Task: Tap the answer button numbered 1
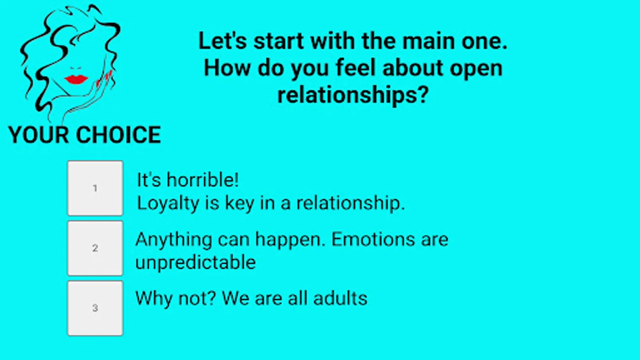pyautogui.click(x=95, y=188)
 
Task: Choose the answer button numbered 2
pyautogui.click(x=95, y=248)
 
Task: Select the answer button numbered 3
pyautogui.click(x=95, y=308)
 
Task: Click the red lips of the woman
pyautogui.click(x=76, y=80)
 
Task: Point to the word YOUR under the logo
pyautogui.click(x=39, y=134)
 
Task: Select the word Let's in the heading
pyautogui.click(x=222, y=41)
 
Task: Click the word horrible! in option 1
pyautogui.click(x=202, y=180)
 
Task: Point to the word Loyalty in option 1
pyautogui.click(x=168, y=204)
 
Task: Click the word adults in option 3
pyautogui.click(x=340, y=298)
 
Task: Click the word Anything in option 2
pyautogui.click(x=174, y=240)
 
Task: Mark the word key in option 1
pyautogui.click(x=240, y=204)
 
